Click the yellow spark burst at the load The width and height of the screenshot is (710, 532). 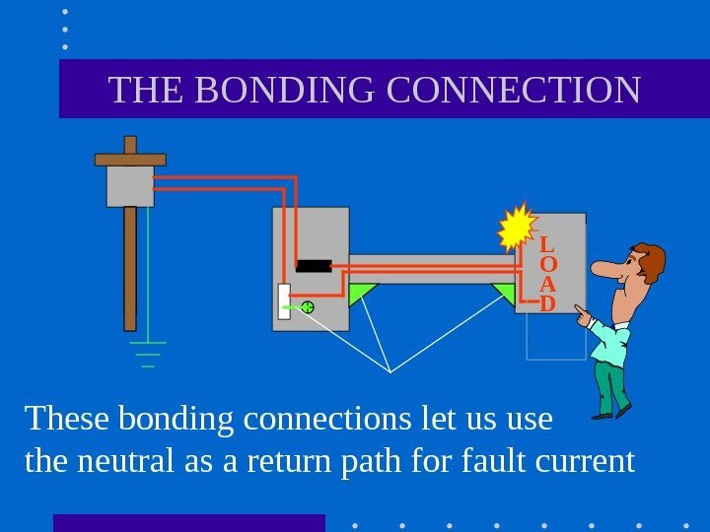point(517,229)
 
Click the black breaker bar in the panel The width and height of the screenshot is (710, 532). point(314,265)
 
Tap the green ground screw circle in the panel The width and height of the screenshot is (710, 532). point(307,307)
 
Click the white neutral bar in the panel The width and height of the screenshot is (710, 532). point(284,307)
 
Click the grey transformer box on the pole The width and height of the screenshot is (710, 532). point(130,185)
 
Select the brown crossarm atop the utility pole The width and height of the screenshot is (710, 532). point(130,159)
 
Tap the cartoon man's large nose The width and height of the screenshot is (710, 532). point(606,270)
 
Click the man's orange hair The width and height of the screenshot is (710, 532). point(651,258)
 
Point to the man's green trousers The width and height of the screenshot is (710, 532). point(612,384)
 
